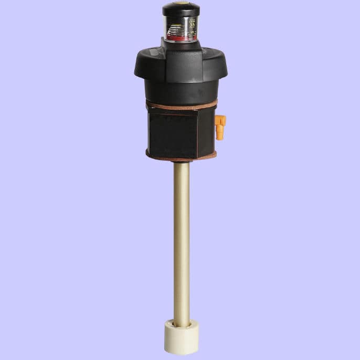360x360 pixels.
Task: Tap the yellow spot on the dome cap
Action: pos(181,3)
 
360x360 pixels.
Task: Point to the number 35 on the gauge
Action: pos(192,24)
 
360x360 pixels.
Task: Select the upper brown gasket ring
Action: pos(181,105)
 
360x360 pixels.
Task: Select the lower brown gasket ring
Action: pos(181,157)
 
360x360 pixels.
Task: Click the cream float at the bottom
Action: pos(181,338)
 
